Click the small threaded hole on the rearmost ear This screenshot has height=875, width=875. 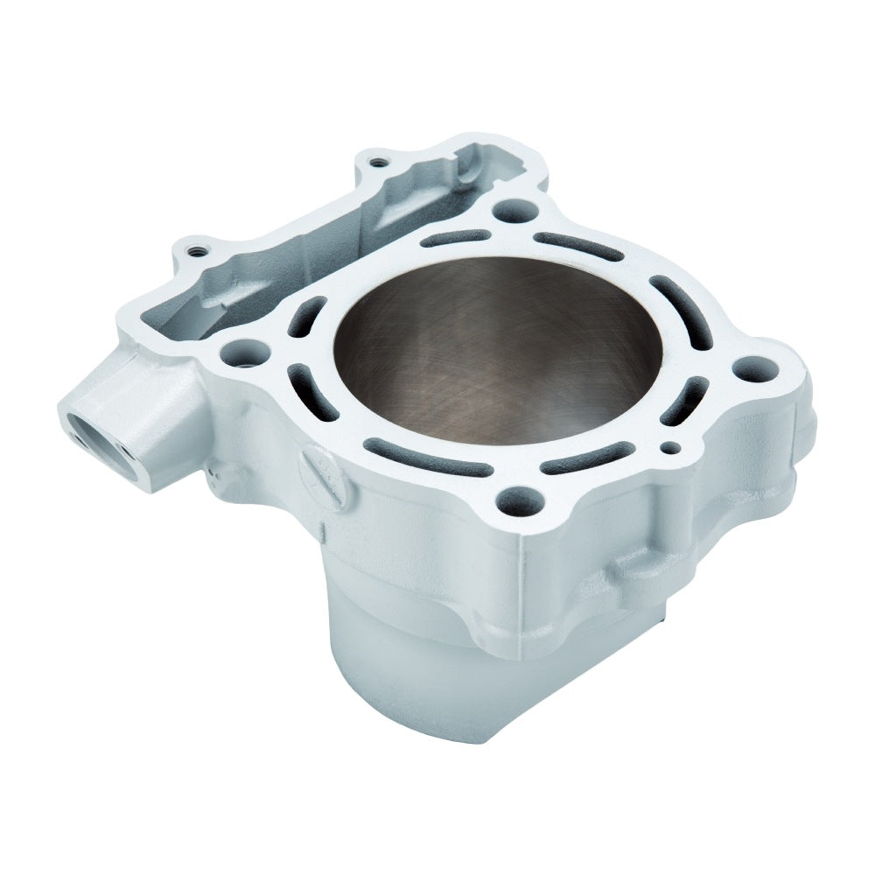[x=376, y=162]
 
